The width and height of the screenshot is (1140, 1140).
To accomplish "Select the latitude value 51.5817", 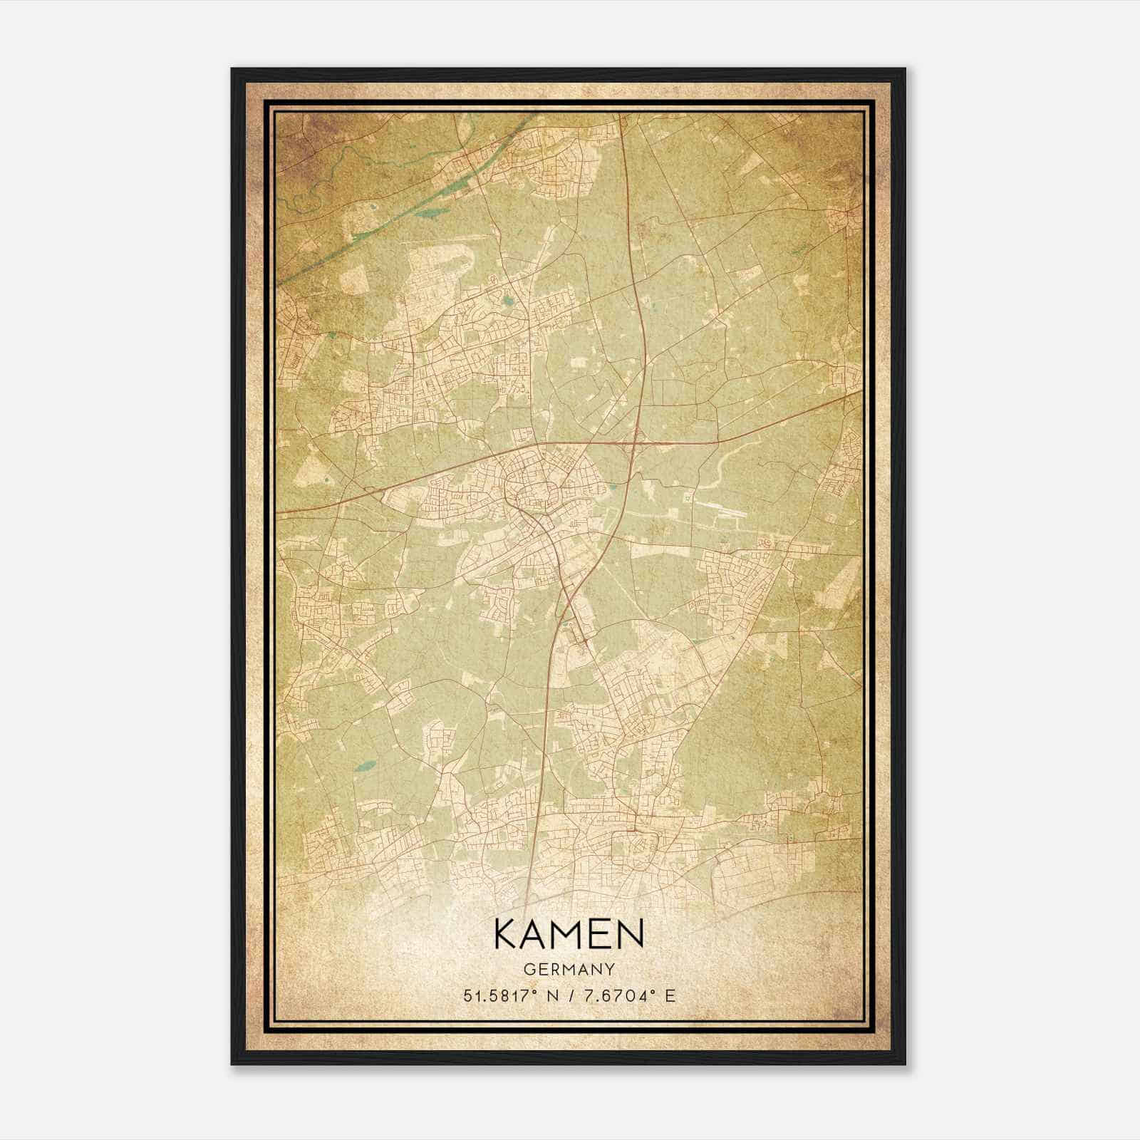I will (x=494, y=996).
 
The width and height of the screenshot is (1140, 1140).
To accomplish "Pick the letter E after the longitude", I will (x=669, y=996).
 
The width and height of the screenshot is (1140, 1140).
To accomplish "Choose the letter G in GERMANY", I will (x=528, y=969).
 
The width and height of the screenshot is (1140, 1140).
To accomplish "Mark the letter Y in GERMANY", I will (x=610, y=969).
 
